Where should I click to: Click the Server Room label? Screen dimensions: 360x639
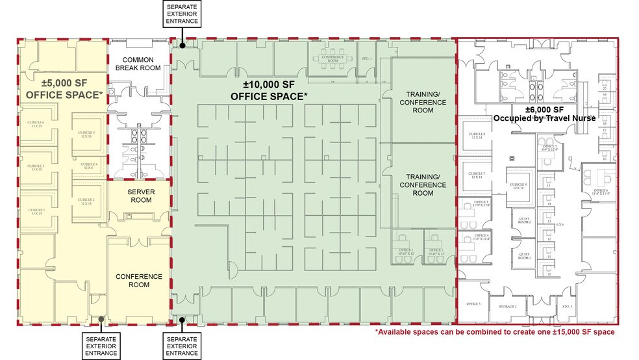pos(140,196)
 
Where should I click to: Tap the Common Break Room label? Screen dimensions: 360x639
pos(138,64)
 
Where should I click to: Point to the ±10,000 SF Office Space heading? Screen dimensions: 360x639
pos(269,90)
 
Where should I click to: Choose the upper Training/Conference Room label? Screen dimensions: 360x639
pos(423,103)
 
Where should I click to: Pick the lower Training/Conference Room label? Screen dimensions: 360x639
pos(423,185)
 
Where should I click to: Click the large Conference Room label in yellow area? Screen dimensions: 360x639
pos(138,281)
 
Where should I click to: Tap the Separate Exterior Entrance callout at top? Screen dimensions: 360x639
pos(182,14)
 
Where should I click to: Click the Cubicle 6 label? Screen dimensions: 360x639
pos(36,124)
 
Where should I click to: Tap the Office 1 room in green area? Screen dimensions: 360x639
pos(407,252)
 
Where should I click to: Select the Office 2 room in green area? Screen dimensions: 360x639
pos(436,252)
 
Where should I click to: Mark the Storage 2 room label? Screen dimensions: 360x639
pos(508,306)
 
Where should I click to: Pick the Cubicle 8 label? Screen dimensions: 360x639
pos(477,136)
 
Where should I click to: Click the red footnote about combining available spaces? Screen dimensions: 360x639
pos(495,332)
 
